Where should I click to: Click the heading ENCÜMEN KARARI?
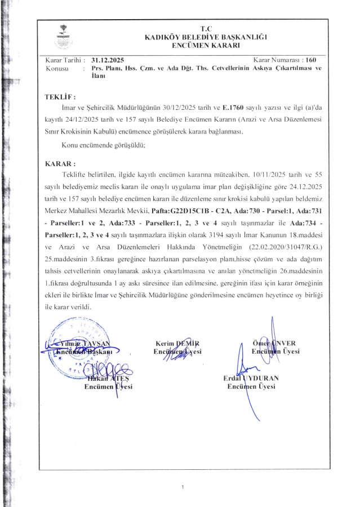click(205, 45)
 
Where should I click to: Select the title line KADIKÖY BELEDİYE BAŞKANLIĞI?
click(205, 37)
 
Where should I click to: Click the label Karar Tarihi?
click(64, 60)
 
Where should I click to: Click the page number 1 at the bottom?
click(183, 486)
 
